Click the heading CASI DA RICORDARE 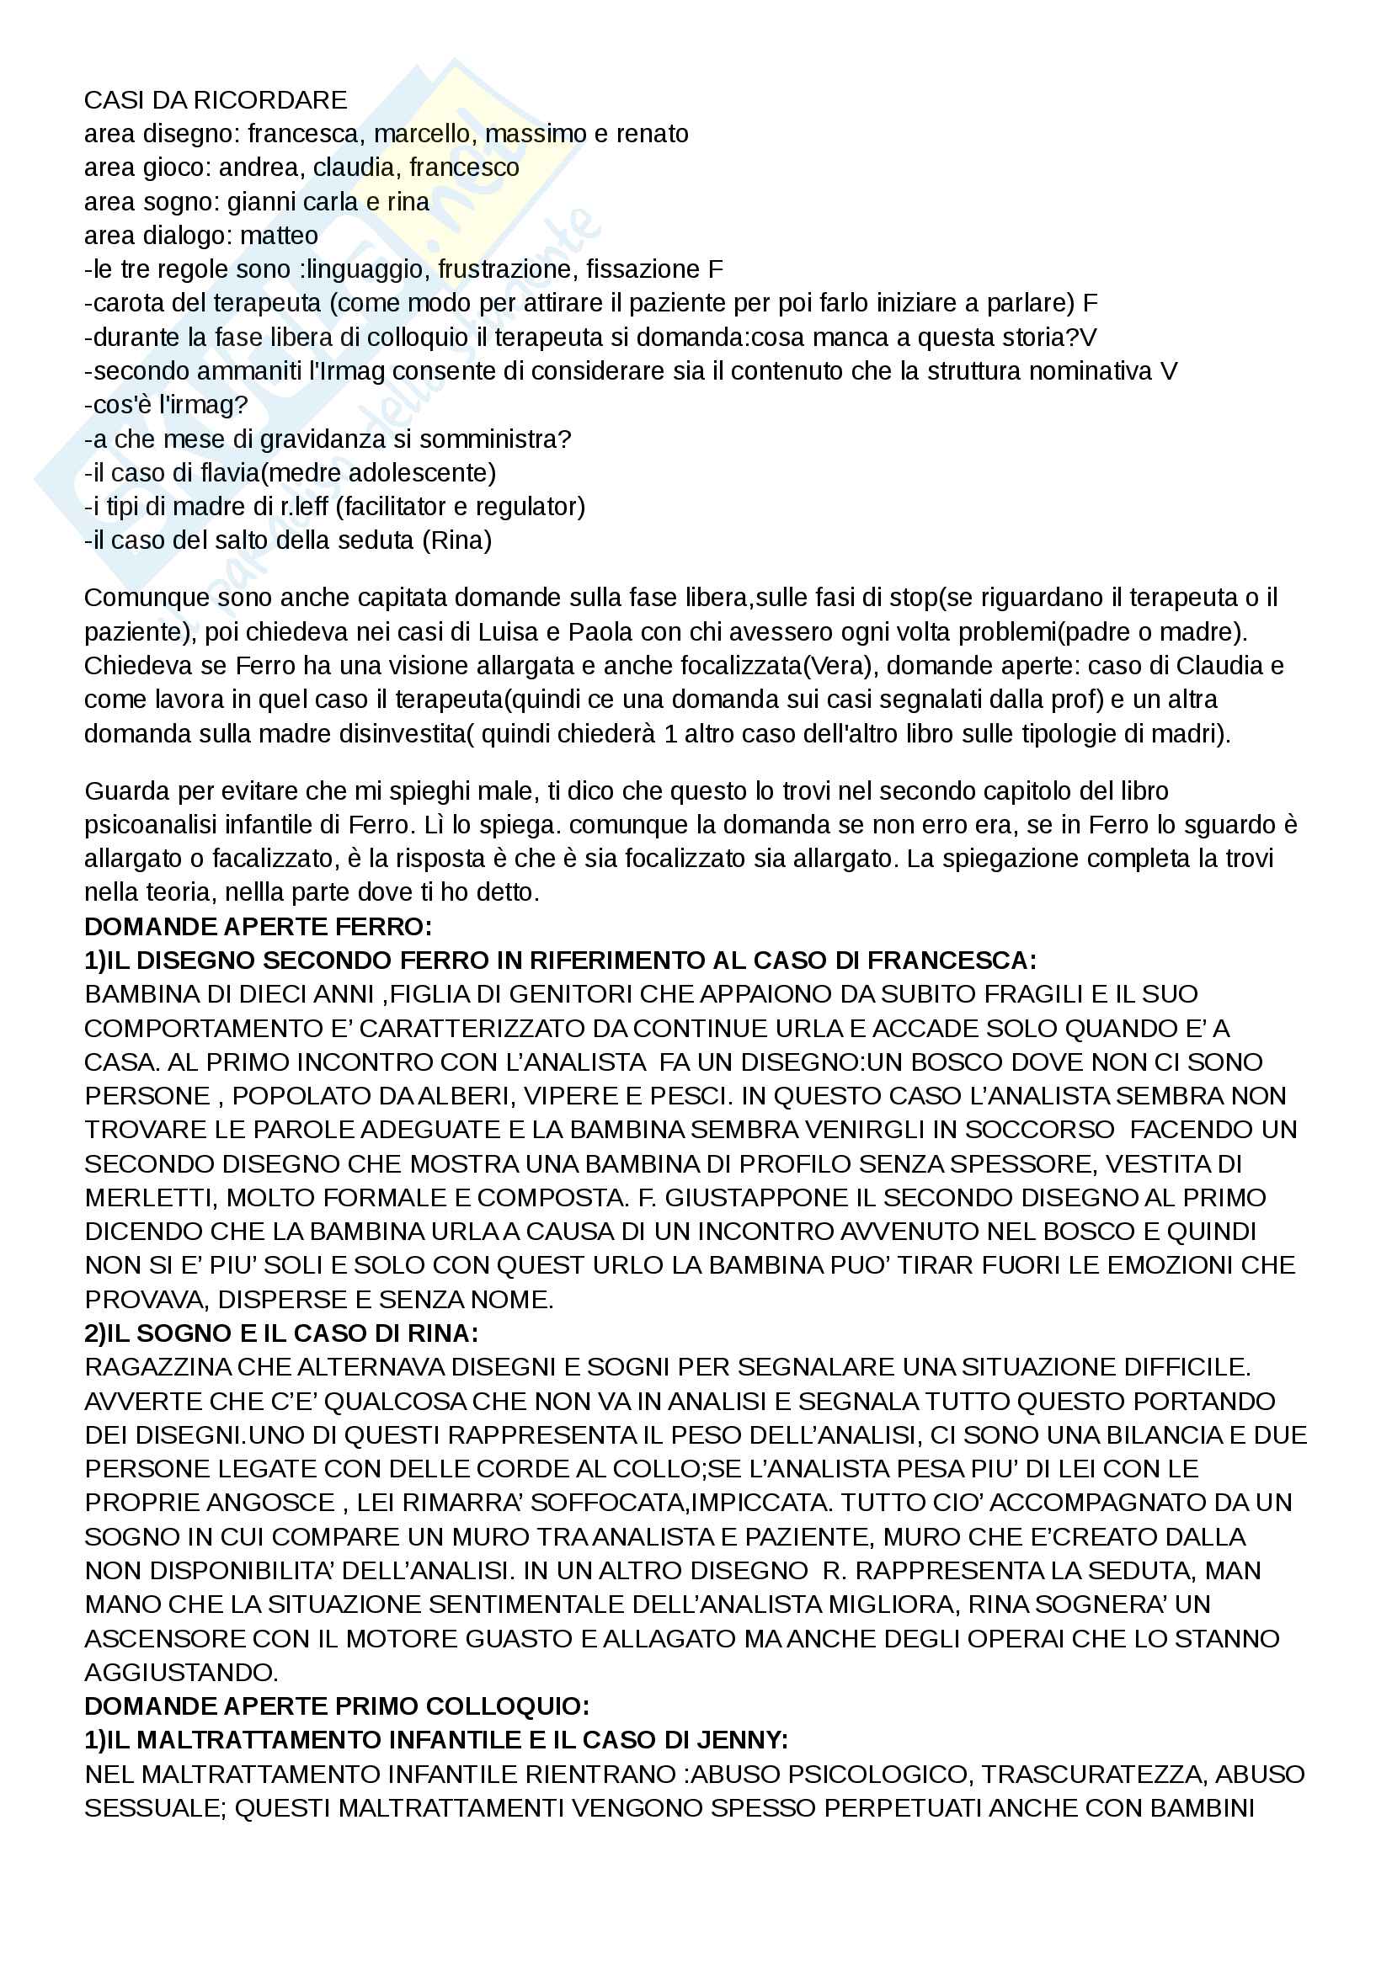click(216, 100)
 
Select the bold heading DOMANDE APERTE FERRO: click(258, 926)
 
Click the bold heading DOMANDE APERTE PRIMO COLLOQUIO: click(336, 1706)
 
